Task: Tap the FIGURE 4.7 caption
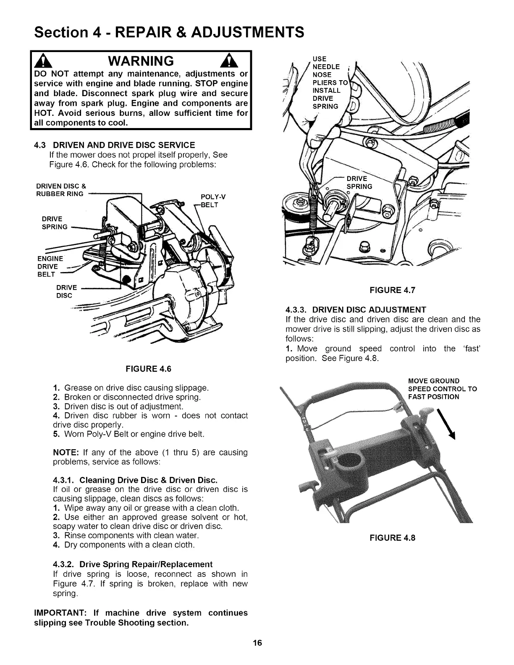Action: [392, 290]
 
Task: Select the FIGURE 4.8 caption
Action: [392, 538]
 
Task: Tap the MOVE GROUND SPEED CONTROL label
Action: [442, 389]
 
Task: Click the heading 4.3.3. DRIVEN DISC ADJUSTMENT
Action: [356, 310]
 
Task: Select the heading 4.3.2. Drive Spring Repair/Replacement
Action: [133, 564]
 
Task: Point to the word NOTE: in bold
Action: [66, 453]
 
